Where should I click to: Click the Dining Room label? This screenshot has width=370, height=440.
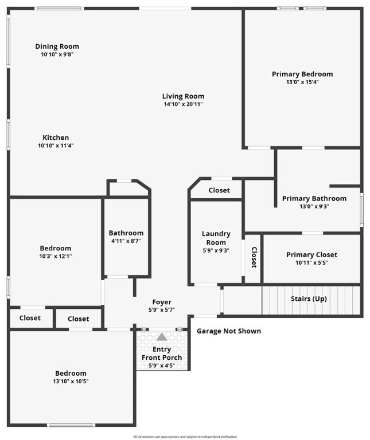click(57, 46)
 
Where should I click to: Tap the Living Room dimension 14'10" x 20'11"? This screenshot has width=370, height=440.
click(183, 104)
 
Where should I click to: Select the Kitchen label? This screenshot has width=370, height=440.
click(56, 137)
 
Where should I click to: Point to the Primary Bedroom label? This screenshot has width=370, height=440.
click(302, 74)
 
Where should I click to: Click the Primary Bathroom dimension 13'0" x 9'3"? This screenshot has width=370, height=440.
click(314, 206)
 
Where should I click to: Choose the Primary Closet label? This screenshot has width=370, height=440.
click(311, 255)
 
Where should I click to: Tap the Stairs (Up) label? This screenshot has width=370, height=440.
click(309, 298)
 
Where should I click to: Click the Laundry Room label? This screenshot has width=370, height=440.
click(216, 238)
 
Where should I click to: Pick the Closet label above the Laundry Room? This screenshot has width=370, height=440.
click(219, 190)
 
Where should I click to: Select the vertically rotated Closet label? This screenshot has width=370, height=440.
click(254, 257)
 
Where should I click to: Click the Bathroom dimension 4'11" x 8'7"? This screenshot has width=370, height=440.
click(126, 241)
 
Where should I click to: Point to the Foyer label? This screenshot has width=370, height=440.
click(162, 302)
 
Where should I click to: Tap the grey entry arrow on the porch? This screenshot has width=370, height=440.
click(162, 337)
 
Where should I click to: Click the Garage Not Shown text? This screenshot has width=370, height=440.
click(229, 331)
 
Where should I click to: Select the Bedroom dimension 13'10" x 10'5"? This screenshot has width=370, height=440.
click(71, 382)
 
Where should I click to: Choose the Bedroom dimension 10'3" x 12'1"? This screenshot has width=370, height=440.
click(55, 256)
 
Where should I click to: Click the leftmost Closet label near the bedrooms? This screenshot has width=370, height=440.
click(30, 318)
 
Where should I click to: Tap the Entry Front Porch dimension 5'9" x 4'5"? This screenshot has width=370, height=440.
click(162, 366)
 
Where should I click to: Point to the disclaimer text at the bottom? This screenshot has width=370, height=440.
click(185, 437)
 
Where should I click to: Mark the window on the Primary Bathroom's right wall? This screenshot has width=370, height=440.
click(362, 210)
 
